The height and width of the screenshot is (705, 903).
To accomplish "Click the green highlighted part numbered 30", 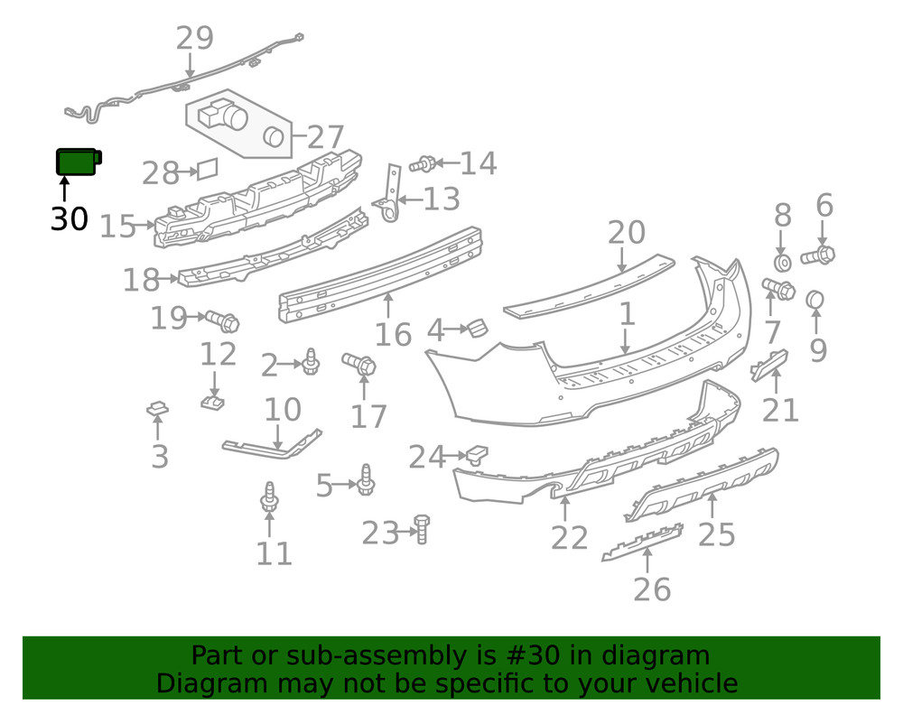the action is click(79, 162).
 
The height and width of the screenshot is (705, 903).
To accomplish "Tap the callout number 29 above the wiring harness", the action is click(195, 39).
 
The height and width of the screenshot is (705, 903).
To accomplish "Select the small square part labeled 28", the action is click(208, 169).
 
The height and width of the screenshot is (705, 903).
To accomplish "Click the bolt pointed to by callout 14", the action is click(422, 164).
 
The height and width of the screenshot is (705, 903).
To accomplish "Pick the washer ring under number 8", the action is click(782, 263).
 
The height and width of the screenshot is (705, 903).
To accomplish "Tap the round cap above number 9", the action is click(815, 300).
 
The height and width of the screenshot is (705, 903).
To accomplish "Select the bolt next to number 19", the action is click(222, 320).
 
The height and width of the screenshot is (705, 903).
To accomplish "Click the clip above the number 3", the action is click(157, 409).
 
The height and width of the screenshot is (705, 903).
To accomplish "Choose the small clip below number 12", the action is click(212, 402).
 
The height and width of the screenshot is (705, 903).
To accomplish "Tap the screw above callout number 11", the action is click(269, 497).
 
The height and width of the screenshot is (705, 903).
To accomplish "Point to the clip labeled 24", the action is click(477, 454).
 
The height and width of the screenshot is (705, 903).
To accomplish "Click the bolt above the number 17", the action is click(358, 363).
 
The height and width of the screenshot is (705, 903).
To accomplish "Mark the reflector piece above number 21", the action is click(769, 365).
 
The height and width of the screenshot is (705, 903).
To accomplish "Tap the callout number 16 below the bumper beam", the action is click(393, 334).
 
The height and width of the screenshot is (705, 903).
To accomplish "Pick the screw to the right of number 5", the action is click(365, 479).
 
